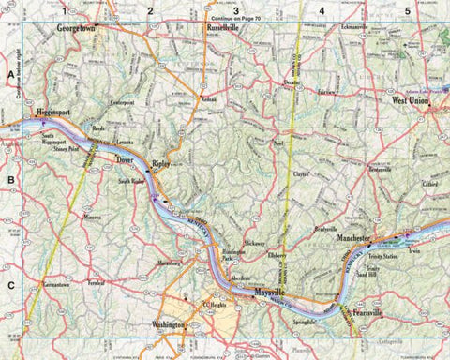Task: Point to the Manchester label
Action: pyautogui.click(x=356, y=239)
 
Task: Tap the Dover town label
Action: pyautogui.click(x=125, y=160)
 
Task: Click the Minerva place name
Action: pyautogui.click(x=91, y=216)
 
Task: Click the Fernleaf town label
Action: pyautogui.click(x=94, y=281)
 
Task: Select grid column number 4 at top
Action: pyautogui.click(x=322, y=10)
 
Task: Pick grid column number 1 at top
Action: pyautogui.click(x=65, y=10)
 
